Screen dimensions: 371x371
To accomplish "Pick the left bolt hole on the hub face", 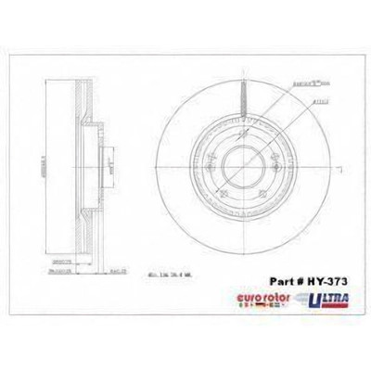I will pyautogui.click(x=216, y=172).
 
